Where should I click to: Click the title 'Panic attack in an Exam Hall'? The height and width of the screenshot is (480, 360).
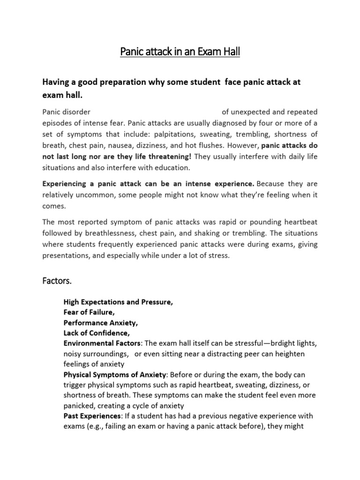(x=180, y=51)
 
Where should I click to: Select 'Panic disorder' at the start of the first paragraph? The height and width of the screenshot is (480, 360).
(x=66, y=112)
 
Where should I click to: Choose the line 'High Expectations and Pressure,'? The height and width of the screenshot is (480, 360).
(x=118, y=302)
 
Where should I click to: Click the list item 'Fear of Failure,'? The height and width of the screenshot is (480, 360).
(x=89, y=312)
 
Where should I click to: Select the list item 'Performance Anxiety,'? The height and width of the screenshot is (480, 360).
(x=101, y=323)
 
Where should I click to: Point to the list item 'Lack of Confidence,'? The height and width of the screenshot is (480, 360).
(x=96, y=333)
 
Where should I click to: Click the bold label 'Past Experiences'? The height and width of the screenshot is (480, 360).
(x=92, y=416)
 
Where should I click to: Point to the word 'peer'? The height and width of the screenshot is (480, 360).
(x=246, y=353)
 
